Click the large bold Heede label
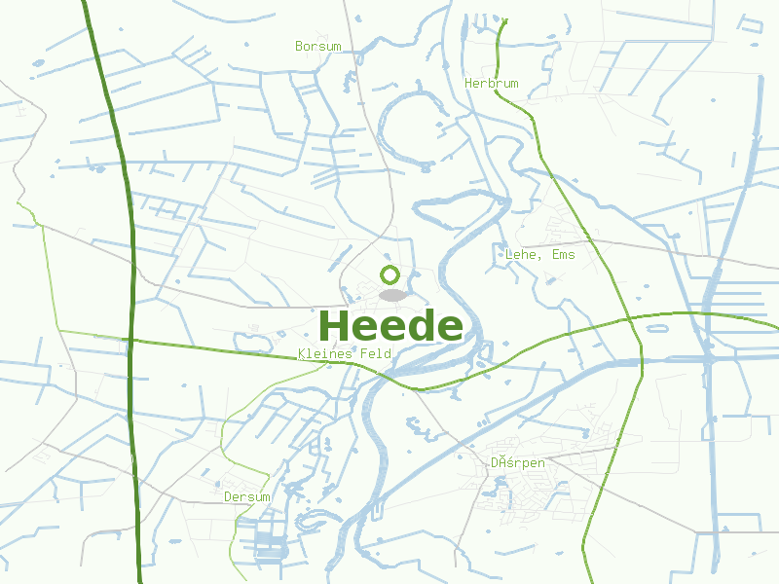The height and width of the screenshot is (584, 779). pos(389,325)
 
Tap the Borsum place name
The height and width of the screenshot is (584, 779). pos(318,46)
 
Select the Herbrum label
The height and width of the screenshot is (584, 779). pos(491,84)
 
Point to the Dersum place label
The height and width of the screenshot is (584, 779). pos(247,496)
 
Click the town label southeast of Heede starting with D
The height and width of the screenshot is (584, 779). pos(517,463)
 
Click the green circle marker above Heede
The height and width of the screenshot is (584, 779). pos(390,274)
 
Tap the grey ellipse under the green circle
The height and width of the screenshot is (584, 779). pos(391,294)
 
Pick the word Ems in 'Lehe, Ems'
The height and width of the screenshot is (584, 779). pos(563,255)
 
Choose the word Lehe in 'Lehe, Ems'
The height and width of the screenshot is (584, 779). pos(521,255)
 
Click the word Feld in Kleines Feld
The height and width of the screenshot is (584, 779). pos(376,353)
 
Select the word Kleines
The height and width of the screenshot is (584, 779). pos(325,353)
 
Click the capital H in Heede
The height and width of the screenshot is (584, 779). pos(334,325)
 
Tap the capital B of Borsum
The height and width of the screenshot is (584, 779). pos(299,46)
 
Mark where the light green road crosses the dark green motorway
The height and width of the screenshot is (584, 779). pos(130,341)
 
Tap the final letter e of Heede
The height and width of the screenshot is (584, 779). pos(449,327)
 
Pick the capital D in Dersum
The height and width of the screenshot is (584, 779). pos(228,496)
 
